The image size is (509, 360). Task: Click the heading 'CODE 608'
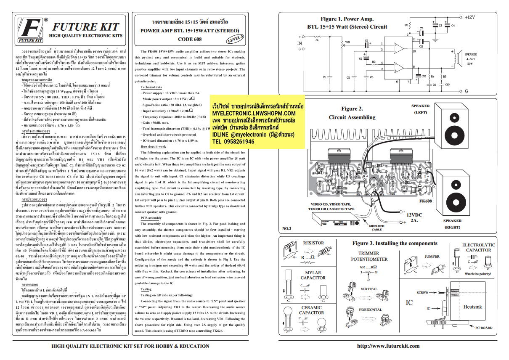190,39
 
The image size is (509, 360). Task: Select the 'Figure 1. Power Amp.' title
347,19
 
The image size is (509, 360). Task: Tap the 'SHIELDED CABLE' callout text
376,228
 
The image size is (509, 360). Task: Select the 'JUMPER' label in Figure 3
432,256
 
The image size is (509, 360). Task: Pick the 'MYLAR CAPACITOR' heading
313,275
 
